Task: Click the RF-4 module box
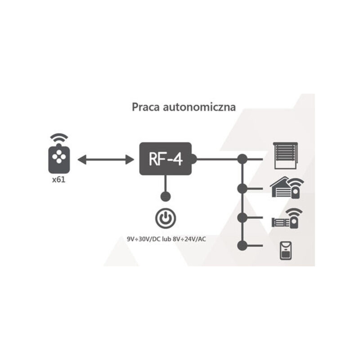166,159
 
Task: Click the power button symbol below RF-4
165,218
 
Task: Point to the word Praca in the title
144,108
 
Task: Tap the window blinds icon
285,155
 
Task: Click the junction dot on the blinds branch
243,159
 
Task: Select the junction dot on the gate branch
243,217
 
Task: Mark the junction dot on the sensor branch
243,245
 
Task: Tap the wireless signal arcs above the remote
58,137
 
